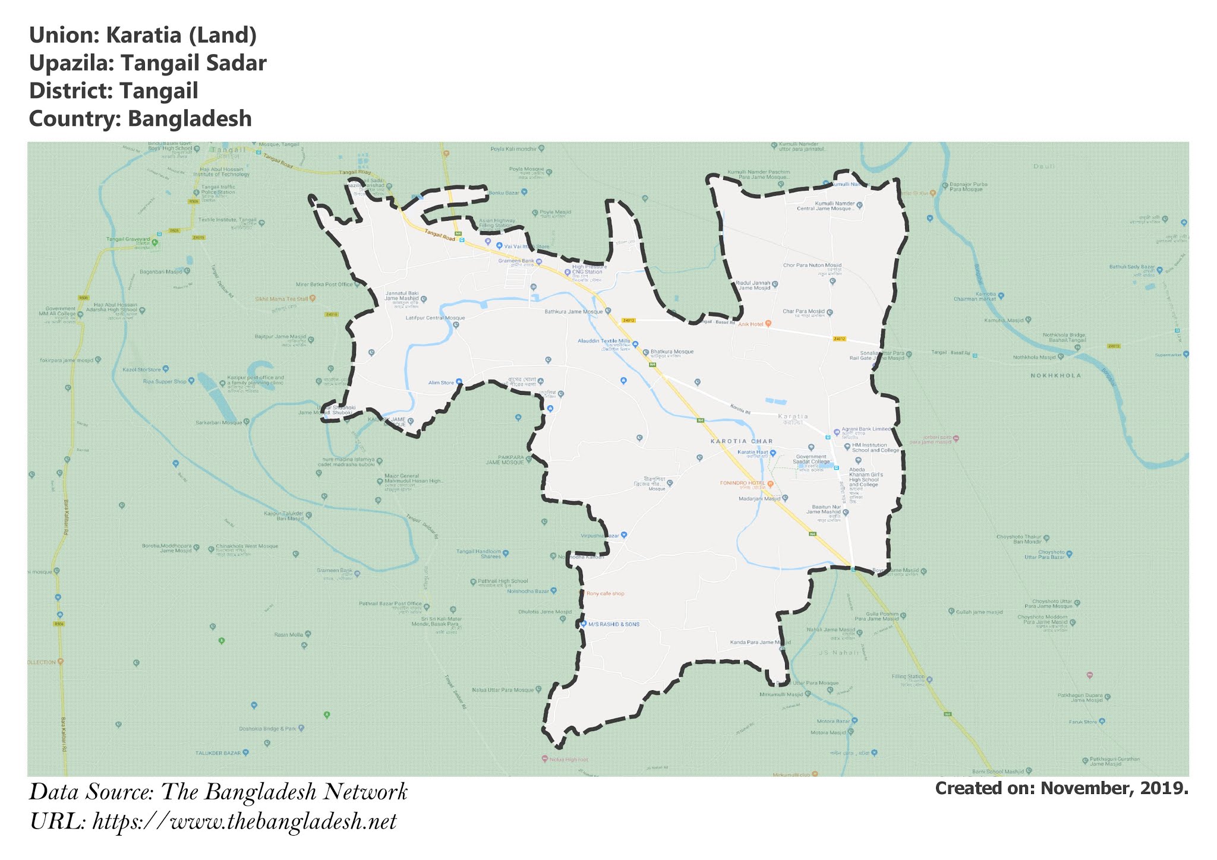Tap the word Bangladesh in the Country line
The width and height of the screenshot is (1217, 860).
[x=190, y=119]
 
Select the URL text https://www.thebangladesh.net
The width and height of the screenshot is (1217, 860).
[x=244, y=822]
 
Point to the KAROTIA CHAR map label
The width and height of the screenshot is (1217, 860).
[x=742, y=441]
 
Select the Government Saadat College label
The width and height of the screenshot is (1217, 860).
[x=811, y=459]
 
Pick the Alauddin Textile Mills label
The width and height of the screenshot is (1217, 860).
[x=604, y=342]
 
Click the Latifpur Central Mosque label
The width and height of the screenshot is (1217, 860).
[x=435, y=318]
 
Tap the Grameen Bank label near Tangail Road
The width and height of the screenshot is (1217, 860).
[x=516, y=261]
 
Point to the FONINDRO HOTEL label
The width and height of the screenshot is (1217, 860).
[x=742, y=483]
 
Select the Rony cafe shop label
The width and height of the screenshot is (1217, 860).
[x=605, y=593]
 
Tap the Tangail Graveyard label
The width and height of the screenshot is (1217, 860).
[x=128, y=239]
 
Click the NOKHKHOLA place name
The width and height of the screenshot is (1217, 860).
[x=1055, y=375]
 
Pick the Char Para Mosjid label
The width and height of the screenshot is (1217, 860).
[x=803, y=311]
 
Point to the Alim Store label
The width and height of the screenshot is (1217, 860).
[x=441, y=383]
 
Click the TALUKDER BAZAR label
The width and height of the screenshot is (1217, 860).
[x=218, y=753]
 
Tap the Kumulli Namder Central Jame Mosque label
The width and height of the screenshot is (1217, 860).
[x=825, y=206]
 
